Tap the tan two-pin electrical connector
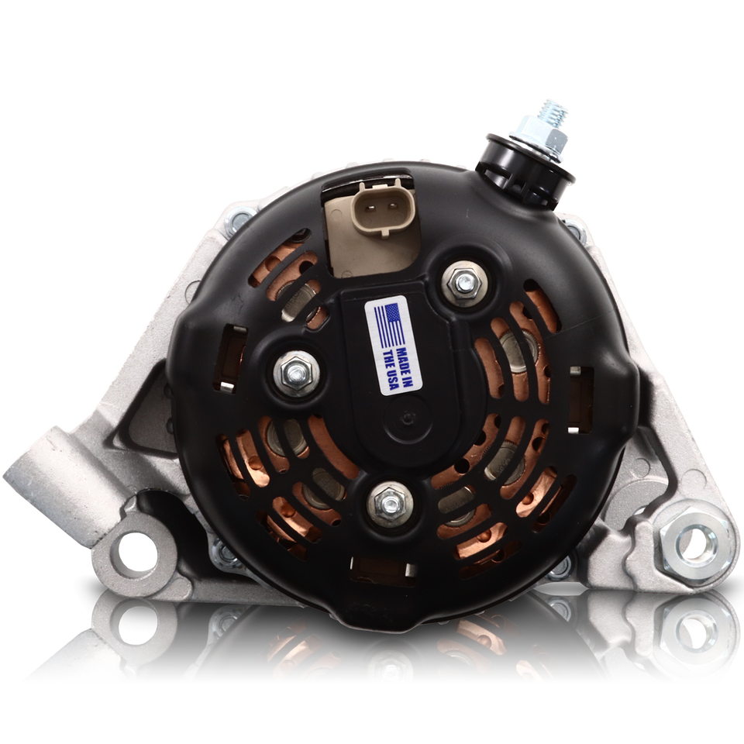pos(383,208)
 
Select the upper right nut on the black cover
pos(464,282)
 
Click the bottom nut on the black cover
pos(390,505)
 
